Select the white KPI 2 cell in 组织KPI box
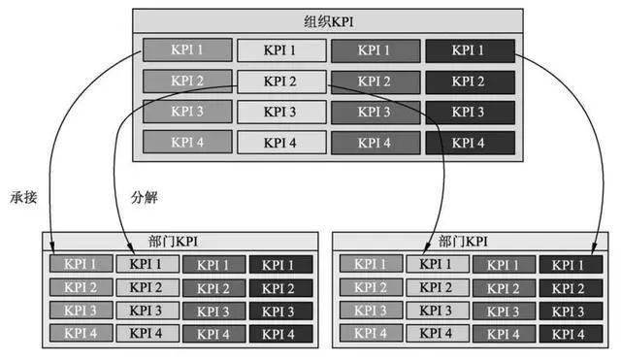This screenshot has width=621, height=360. tap(281, 81)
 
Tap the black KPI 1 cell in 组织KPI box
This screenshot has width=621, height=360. tap(469, 49)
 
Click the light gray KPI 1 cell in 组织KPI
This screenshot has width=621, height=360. tap(186, 49)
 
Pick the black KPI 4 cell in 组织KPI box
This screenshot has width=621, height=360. tap(469, 143)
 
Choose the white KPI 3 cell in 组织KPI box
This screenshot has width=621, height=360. tap(281, 112)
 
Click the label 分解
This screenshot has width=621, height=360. tap(144, 197)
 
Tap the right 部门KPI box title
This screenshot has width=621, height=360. tap(464, 240)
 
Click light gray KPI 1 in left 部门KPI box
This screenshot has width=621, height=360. tap(81, 264)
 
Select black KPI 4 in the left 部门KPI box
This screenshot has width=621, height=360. tap(279, 334)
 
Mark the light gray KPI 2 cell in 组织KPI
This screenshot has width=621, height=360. tap(186, 81)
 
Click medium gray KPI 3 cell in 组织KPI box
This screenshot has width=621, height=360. tap(375, 112)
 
